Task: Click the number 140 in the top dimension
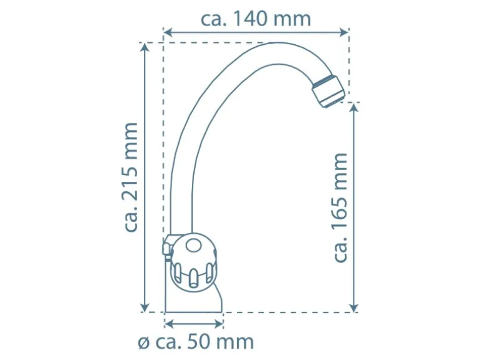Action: (x=251, y=19)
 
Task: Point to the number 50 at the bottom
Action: (x=197, y=342)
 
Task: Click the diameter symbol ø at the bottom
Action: (x=144, y=343)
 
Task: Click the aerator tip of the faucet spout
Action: (x=329, y=91)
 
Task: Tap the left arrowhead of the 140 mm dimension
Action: (x=168, y=32)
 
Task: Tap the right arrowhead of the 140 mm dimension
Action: (x=345, y=32)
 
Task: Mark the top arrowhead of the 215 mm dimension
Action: (x=145, y=47)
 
